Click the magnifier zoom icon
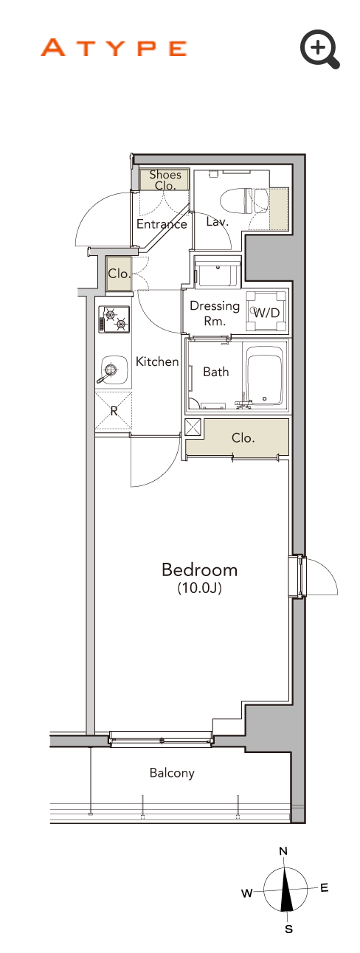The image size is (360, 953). pos(319,48)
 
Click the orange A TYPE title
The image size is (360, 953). pos(114,48)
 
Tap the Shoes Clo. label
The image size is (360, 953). pos(165,180)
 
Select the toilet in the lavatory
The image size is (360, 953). pos(244,201)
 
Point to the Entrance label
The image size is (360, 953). pos(162,223)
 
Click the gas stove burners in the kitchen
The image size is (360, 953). pos(114,319)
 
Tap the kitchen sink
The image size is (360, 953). pos(114,370)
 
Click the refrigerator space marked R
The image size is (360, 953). pos(114,411)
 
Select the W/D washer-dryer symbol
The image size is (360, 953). pos(266,312)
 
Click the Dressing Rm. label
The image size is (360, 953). pos(215,313)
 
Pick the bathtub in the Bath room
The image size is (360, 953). pos(264,375)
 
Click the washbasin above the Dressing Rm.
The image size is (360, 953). pos(217,271)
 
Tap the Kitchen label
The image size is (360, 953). pos(157,361)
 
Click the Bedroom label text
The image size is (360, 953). pos(200,570)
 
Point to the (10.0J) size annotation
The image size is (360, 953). pos(200,588)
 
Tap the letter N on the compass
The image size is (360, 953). pos(283,851)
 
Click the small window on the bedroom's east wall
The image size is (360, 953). pos(297,577)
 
